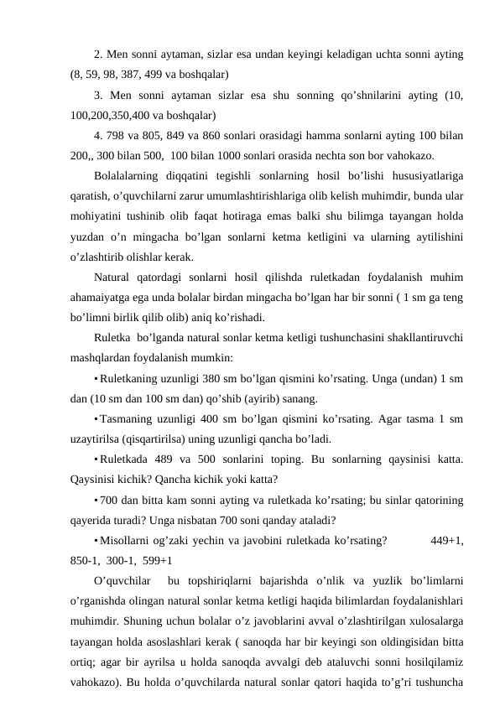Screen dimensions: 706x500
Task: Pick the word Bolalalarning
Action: (x=126, y=176)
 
